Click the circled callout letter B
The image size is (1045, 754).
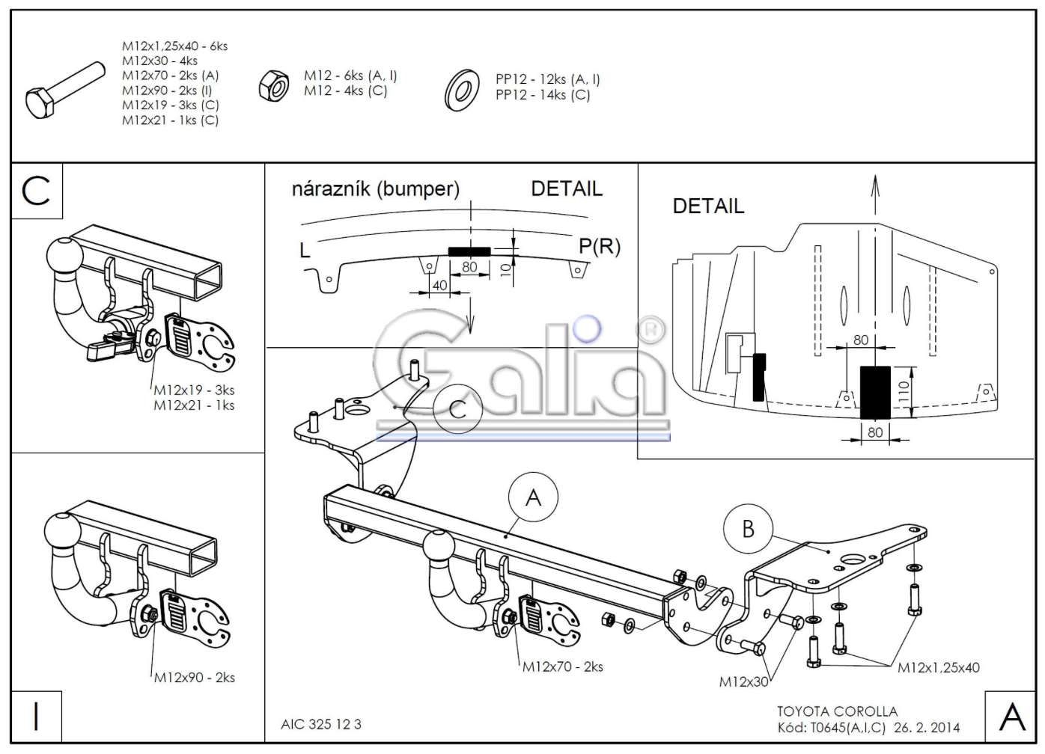click(748, 529)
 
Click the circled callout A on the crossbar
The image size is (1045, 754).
click(533, 497)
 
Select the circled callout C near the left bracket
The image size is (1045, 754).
click(457, 409)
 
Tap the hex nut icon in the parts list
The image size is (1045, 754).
click(274, 85)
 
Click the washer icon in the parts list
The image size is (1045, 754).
click(461, 91)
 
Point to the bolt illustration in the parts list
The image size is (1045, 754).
click(65, 90)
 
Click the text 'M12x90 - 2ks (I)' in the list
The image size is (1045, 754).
click(167, 90)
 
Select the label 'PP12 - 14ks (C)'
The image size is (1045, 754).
click(543, 95)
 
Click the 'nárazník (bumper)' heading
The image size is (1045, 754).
click(376, 189)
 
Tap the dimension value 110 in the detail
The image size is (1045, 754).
click(904, 392)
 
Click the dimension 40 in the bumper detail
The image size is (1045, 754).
click(439, 285)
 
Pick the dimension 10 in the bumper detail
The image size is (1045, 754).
click(505, 270)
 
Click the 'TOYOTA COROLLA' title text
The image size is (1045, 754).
click(838, 711)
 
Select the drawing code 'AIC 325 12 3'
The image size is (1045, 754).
click(321, 724)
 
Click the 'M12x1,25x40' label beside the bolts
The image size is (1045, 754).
click(939, 668)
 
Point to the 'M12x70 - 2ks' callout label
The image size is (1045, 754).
click(563, 666)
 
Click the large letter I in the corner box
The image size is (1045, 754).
click(37, 717)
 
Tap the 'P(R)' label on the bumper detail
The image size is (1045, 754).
click(600, 246)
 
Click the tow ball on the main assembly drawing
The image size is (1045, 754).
click(439, 547)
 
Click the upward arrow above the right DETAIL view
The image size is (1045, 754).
click(876, 195)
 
